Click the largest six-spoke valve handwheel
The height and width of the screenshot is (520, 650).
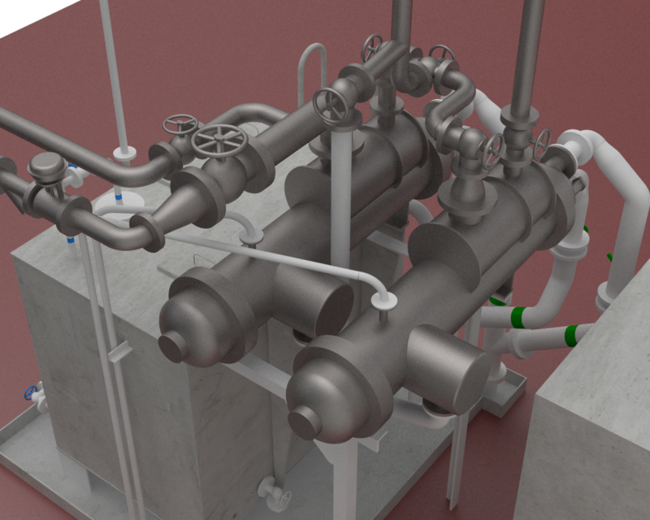click(219, 142)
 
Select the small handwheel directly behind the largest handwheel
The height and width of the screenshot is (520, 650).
click(180, 124)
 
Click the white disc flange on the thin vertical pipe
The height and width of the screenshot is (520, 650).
click(126, 151)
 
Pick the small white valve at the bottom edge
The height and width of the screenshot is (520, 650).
click(271, 489)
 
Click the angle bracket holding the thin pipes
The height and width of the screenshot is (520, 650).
click(119, 350)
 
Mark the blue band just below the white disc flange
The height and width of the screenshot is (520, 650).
click(120, 197)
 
